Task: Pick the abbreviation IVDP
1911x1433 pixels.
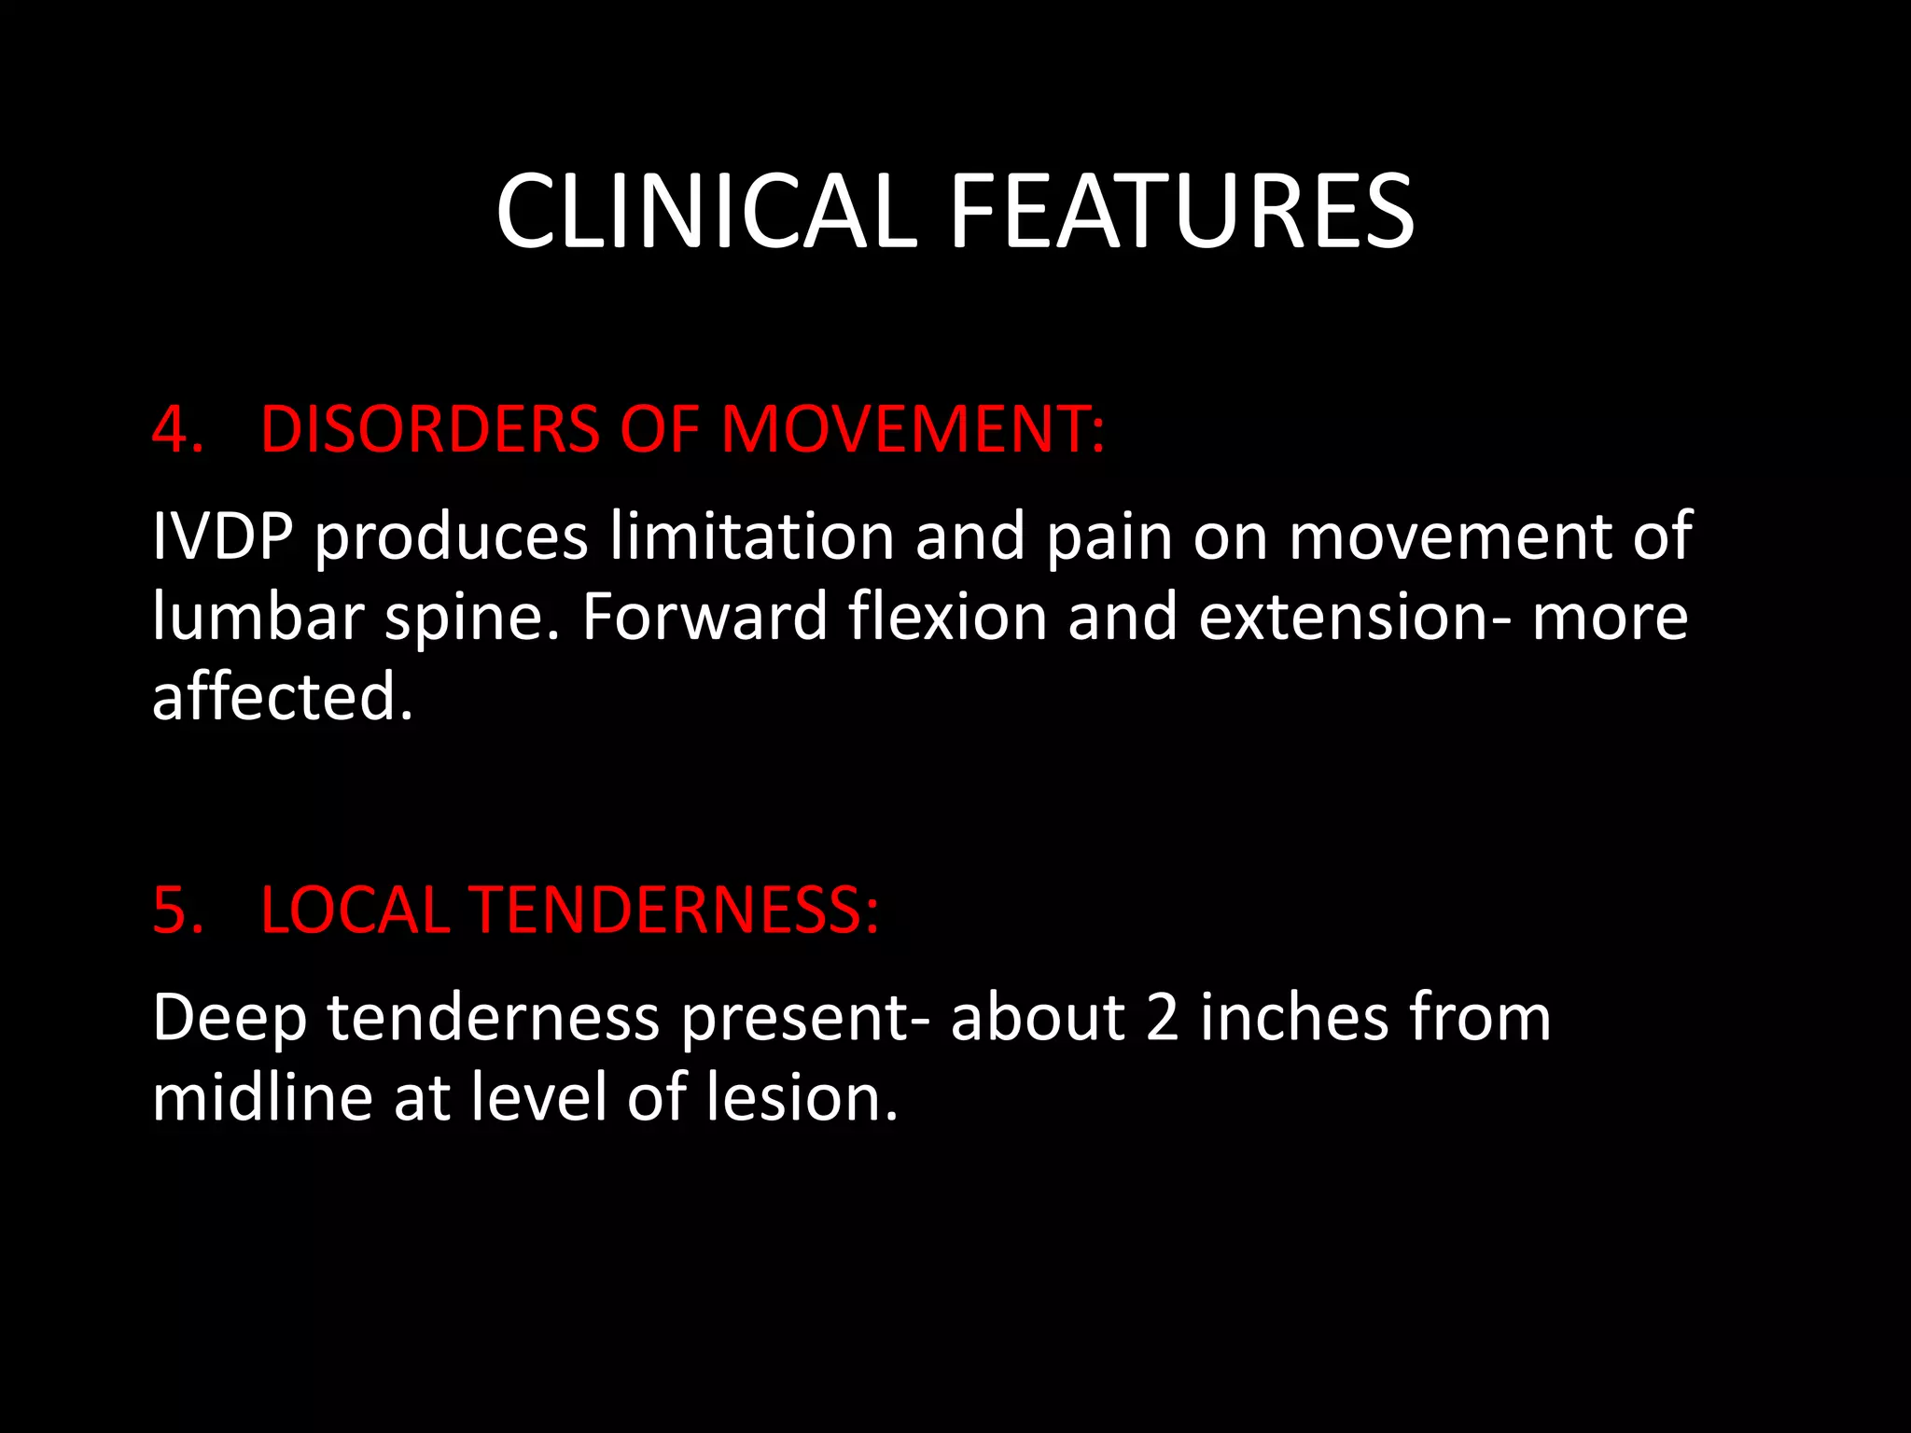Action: [x=222, y=536]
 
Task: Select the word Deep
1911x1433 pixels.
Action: [x=230, y=1019]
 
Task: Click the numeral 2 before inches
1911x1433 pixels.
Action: [x=1162, y=1017]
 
